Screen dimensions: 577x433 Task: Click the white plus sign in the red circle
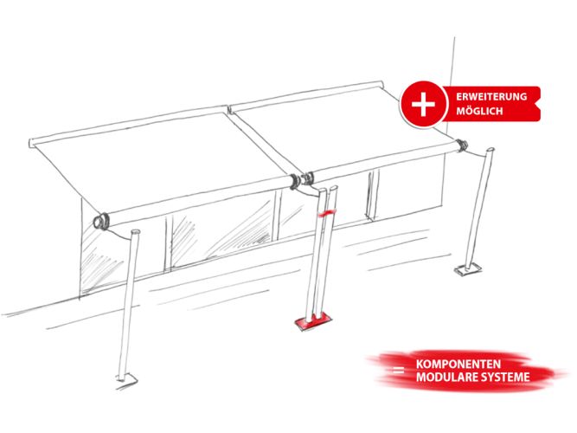click(x=423, y=104)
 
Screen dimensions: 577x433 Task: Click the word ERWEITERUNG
click(x=491, y=97)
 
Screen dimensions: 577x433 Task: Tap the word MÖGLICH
click(x=479, y=111)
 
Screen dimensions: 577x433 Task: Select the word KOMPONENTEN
click(x=458, y=364)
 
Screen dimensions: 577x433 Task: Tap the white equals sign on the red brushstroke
click(x=398, y=371)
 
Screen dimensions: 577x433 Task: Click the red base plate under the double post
click(x=313, y=321)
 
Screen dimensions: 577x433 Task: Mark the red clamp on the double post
click(x=325, y=213)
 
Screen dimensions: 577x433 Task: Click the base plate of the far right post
click(x=468, y=269)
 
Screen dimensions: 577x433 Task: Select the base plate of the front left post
click(x=127, y=379)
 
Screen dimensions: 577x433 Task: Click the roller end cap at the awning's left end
click(x=100, y=221)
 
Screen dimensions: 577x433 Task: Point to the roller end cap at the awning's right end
click(x=461, y=144)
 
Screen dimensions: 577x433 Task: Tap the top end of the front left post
click(x=135, y=232)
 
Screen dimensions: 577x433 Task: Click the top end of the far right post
click(x=490, y=150)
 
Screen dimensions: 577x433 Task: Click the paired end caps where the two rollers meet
click(x=302, y=180)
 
